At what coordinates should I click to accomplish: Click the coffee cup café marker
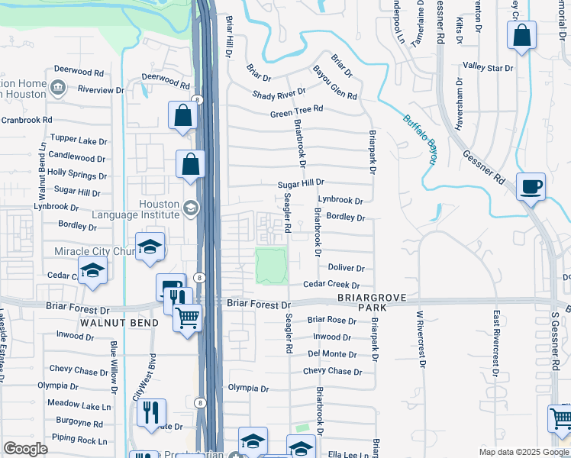(x=531, y=186)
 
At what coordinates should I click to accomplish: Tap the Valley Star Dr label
(x=489, y=68)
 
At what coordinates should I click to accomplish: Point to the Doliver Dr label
(x=346, y=268)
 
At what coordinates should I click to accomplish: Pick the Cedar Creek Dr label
(x=331, y=284)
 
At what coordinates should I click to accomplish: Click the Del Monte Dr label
(x=332, y=354)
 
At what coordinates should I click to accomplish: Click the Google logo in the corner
(x=25, y=449)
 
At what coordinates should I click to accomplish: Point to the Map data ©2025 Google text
(x=523, y=452)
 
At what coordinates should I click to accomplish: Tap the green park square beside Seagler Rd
(x=271, y=266)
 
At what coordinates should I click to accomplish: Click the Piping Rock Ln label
(x=80, y=440)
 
